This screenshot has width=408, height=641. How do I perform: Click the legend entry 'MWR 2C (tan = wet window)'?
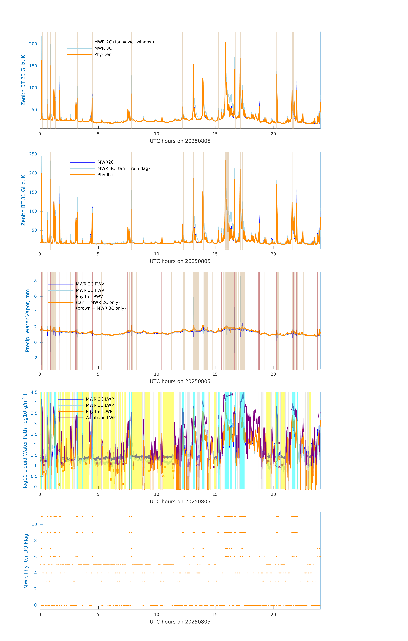pyautogui.click(x=124, y=42)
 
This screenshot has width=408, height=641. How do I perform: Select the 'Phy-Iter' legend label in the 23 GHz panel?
pyautogui.click(x=102, y=55)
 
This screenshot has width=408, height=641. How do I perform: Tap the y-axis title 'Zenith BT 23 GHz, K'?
pyautogui.click(x=23, y=80)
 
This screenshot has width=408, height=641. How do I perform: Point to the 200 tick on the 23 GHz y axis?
pyautogui.click(x=33, y=44)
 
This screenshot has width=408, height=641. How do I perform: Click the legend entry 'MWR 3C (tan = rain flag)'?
pyautogui.click(x=124, y=168)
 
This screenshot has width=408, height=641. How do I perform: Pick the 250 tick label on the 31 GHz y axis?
pyautogui.click(x=33, y=154)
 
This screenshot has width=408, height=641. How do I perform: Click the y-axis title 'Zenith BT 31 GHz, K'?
pyautogui.click(x=23, y=200)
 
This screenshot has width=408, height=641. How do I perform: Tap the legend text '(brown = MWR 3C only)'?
pyautogui.click(x=101, y=308)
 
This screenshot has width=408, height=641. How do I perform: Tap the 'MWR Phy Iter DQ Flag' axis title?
pyautogui.click(x=26, y=561)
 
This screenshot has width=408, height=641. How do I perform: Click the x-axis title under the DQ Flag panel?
pyautogui.click(x=180, y=622)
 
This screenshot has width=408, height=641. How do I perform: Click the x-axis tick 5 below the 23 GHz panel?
pyautogui.click(x=98, y=134)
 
